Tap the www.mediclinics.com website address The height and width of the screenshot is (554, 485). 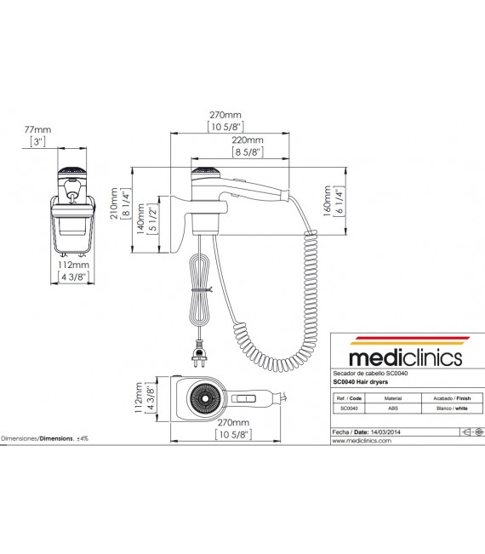pyautogui.click(x=362, y=442)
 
